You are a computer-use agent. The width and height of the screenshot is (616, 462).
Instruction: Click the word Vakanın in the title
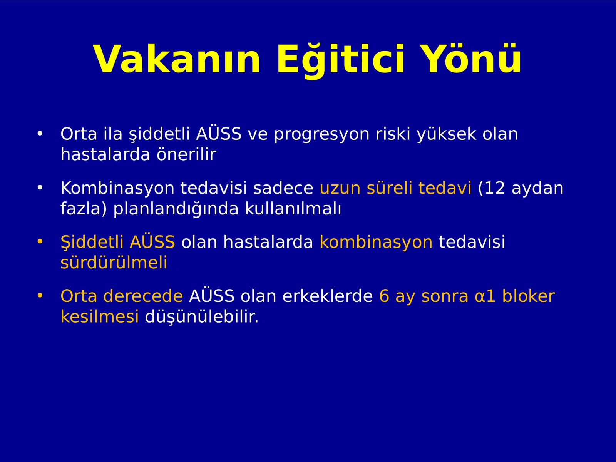coord(177,59)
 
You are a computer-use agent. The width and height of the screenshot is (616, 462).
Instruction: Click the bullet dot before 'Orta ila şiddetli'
coord(40,134)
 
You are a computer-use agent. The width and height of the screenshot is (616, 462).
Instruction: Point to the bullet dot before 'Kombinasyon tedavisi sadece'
coord(40,188)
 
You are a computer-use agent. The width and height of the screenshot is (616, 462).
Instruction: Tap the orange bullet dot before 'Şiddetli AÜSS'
coord(40,242)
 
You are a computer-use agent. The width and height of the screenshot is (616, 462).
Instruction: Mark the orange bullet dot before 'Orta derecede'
coord(40,296)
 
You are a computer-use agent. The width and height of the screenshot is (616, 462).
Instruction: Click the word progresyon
coord(321,135)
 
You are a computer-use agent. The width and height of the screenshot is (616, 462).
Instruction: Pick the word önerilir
coord(186,154)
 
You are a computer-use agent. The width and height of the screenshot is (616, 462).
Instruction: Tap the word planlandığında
coord(176,209)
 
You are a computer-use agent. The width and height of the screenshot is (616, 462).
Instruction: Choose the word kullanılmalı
coord(293,208)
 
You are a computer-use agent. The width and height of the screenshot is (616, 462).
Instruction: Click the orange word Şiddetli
coord(92,242)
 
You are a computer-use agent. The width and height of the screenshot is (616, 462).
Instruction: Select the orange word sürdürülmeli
coord(114,263)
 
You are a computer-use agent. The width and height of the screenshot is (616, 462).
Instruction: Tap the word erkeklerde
coord(328,296)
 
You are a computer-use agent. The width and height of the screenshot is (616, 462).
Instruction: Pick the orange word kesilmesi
coord(100,316)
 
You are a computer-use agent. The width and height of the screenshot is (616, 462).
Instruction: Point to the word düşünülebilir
coord(201,317)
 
